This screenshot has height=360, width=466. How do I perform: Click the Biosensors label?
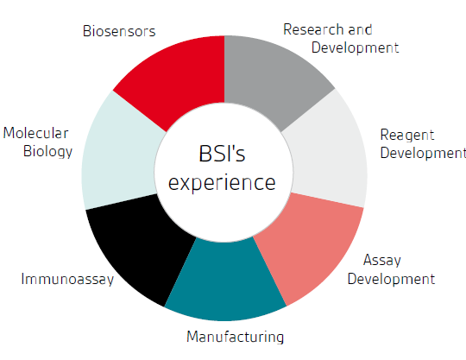point(119,31)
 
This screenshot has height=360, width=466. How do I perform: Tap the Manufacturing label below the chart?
point(235,337)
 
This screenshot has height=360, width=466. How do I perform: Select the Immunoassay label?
point(67,280)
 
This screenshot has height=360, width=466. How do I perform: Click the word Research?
point(313,29)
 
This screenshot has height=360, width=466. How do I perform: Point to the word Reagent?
point(407,136)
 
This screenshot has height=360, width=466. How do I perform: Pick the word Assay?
point(382,261)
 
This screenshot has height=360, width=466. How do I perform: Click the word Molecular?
point(35,133)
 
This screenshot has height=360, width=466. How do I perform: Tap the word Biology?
point(47,152)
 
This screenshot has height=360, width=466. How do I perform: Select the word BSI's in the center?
point(222,154)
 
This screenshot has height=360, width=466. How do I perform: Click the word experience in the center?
point(222,183)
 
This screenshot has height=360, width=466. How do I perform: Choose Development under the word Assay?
point(391,280)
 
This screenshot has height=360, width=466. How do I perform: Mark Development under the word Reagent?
point(423,153)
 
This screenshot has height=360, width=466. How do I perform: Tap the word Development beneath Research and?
point(355,47)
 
